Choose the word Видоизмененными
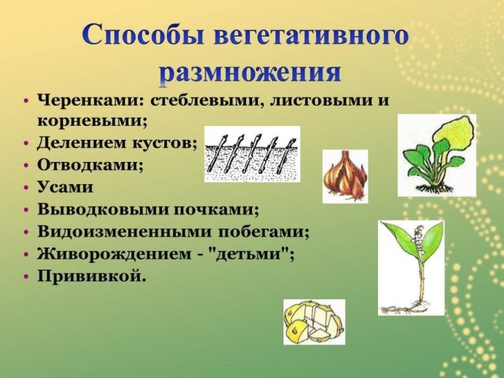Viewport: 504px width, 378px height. click(x=118, y=231)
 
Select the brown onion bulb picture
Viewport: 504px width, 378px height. click(x=345, y=176)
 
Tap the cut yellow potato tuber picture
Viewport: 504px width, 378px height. click(x=314, y=321)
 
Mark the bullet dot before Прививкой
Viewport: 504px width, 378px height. click(x=25, y=277)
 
